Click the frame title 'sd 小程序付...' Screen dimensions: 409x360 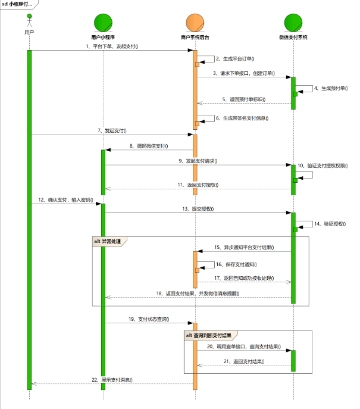17,4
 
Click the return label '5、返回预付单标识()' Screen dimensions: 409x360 244,99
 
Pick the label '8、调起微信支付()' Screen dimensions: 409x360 148,145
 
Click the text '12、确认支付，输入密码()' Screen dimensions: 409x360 65,200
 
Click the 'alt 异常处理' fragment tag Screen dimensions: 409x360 111,241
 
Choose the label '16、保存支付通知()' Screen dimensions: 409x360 236,263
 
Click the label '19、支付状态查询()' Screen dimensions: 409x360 148,319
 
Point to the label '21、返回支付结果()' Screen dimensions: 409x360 244,361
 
